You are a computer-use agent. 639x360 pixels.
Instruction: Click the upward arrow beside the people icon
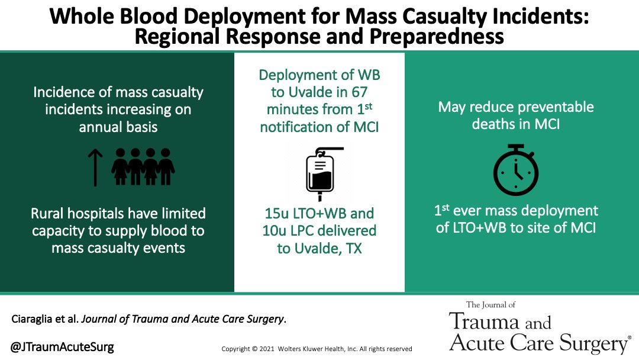click(x=95, y=167)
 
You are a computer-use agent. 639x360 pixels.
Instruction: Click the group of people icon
click(x=143, y=166)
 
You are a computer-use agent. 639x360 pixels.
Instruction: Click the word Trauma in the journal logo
click(x=480, y=322)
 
